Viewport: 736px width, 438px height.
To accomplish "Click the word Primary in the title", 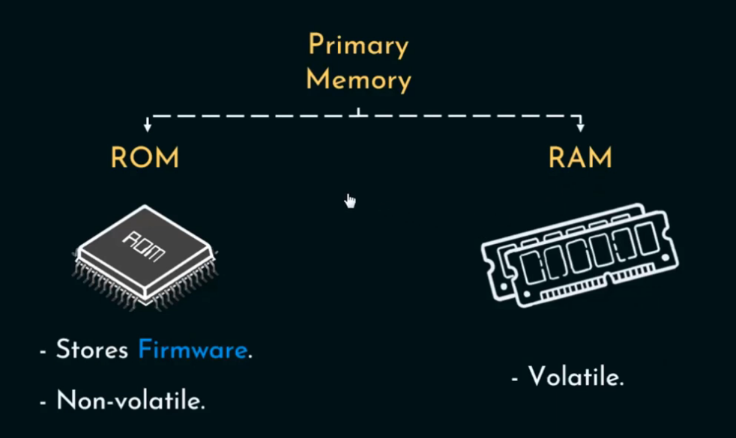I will point(358,46).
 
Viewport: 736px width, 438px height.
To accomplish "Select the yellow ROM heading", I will point(145,158).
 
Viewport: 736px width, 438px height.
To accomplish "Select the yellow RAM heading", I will point(580,158).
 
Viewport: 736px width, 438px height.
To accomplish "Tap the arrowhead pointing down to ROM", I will point(148,127).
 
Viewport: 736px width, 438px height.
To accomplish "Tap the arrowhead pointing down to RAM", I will point(580,127).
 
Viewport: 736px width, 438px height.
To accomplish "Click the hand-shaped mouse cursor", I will point(350,200).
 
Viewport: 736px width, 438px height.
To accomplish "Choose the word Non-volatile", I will point(130,401).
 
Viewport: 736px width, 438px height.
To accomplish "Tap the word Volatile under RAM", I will point(576,376).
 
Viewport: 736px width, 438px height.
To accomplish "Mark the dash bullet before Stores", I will point(44,351).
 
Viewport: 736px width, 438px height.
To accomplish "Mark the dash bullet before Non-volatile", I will point(44,401).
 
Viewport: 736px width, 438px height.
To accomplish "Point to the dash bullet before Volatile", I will point(515,377).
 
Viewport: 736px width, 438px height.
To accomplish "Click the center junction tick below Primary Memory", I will point(359,113).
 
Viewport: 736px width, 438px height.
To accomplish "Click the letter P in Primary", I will point(316,46).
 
